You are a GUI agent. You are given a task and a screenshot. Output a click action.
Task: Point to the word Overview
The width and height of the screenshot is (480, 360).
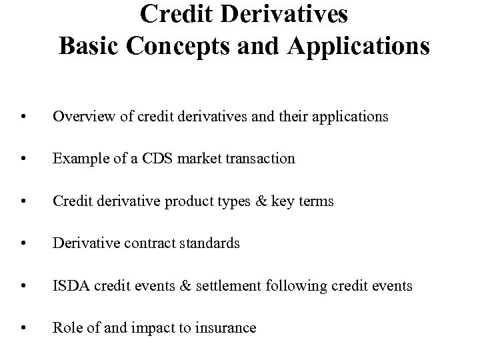pos(80,117)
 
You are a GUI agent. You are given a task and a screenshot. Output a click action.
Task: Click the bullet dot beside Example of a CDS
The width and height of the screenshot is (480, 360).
pos(24,160)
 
